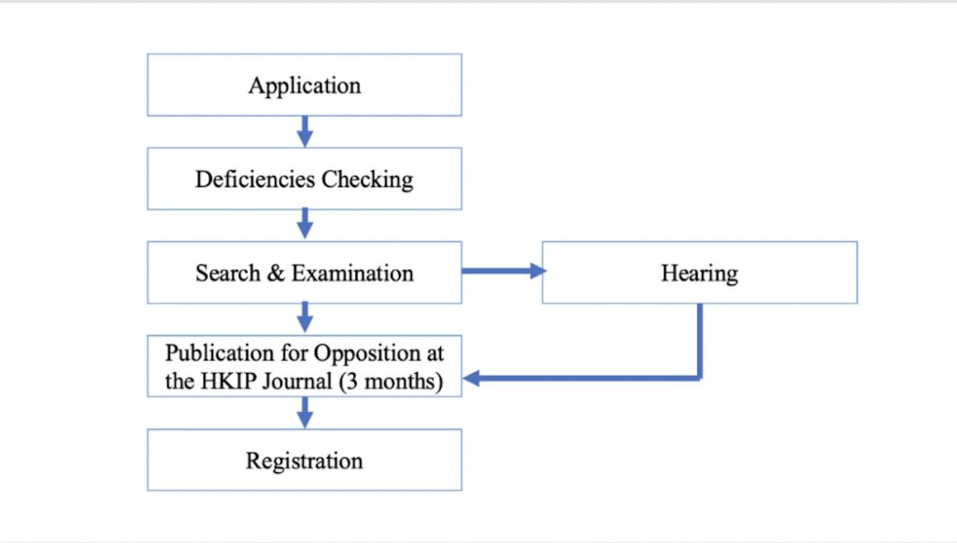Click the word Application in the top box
(x=305, y=86)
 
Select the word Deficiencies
(x=256, y=179)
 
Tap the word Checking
(x=367, y=180)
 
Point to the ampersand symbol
(x=276, y=273)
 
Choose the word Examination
(x=352, y=273)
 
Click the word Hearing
(x=699, y=273)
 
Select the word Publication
(x=220, y=353)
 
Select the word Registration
(x=305, y=462)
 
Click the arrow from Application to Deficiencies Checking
(x=306, y=132)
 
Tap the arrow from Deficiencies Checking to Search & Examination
(x=306, y=223)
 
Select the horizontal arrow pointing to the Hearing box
(x=504, y=271)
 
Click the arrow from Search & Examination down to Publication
(x=306, y=317)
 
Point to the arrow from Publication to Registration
(x=306, y=412)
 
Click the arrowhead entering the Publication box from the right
(x=472, y=379)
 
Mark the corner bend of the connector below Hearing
(x=699, y=379)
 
